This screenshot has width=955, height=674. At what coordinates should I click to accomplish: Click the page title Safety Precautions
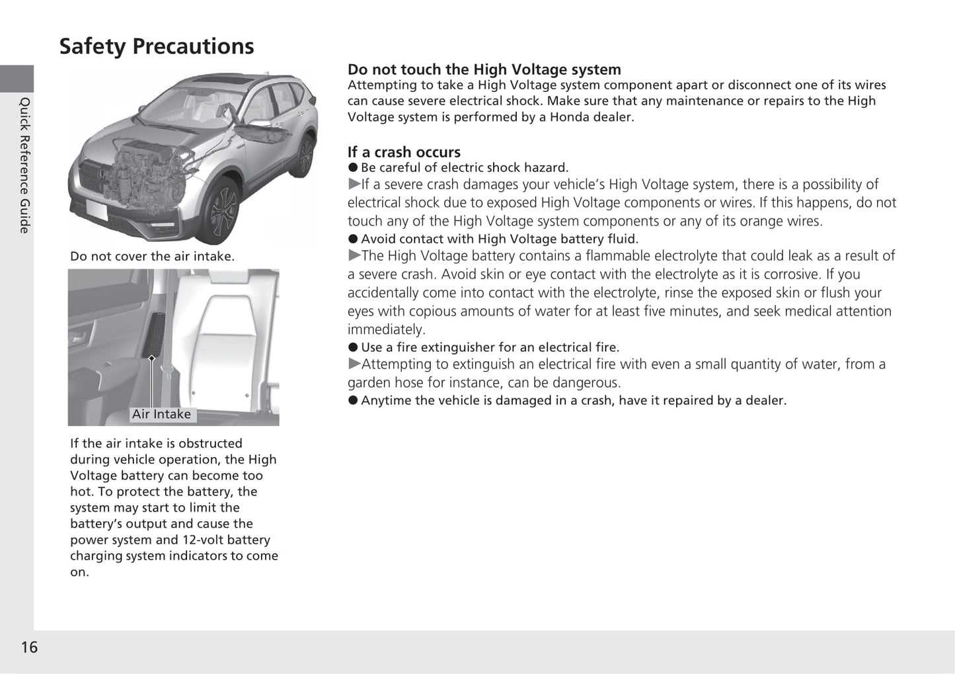(157, 46)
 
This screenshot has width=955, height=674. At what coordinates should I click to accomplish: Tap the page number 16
(29, 647)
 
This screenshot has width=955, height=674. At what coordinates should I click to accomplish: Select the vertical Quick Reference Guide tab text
(24, 165)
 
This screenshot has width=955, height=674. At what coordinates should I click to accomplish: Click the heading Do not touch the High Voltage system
(484, 69)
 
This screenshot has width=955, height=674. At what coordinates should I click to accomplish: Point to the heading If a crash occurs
(404, 152)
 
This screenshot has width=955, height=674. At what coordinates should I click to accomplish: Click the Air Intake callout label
(161, 414)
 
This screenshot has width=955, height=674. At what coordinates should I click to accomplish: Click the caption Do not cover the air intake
(152, 256)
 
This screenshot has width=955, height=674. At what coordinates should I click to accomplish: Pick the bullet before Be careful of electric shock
(353, 168)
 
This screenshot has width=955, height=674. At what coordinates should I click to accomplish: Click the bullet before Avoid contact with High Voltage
(353, 239)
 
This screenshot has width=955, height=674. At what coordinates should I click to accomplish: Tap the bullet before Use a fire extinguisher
(353, 348)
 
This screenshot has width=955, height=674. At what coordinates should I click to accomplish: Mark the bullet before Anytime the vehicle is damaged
(353, 401)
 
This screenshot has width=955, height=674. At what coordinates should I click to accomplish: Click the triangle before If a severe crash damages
(354, 185)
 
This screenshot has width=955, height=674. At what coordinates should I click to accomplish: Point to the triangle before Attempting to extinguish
(354, 364)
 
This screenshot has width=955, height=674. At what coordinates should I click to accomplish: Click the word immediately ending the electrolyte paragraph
(386, 329)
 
